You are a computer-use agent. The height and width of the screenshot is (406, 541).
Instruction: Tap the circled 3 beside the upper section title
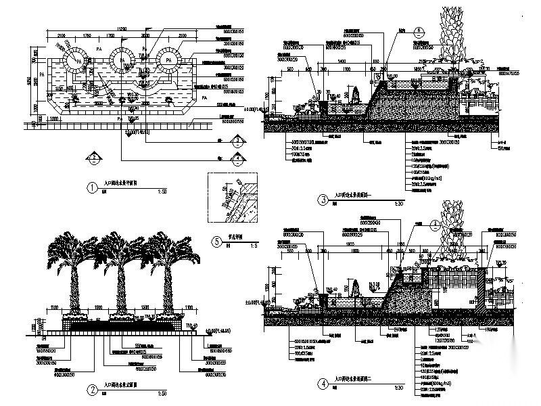324,200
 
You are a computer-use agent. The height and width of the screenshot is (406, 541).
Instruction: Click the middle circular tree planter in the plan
122,60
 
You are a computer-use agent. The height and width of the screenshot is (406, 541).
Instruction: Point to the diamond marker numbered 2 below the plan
95,156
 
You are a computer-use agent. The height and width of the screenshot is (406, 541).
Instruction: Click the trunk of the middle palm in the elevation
120,291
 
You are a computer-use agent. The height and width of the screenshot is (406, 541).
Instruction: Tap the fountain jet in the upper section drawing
352,96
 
